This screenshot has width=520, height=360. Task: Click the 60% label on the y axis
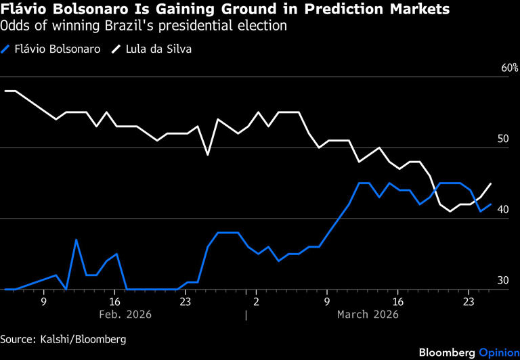click(509, 68)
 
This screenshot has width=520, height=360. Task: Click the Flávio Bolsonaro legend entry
click(52, 49)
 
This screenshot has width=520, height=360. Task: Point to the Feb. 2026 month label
click(125, 314)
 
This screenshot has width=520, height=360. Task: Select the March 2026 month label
click(368, 314)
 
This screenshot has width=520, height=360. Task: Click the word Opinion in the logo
click(499, 353)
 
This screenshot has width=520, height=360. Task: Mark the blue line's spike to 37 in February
click(76, 240)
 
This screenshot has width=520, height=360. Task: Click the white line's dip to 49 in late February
click(208, 154)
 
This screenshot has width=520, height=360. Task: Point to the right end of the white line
click(490, 183)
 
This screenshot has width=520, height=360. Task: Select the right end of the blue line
click(490, 204)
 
